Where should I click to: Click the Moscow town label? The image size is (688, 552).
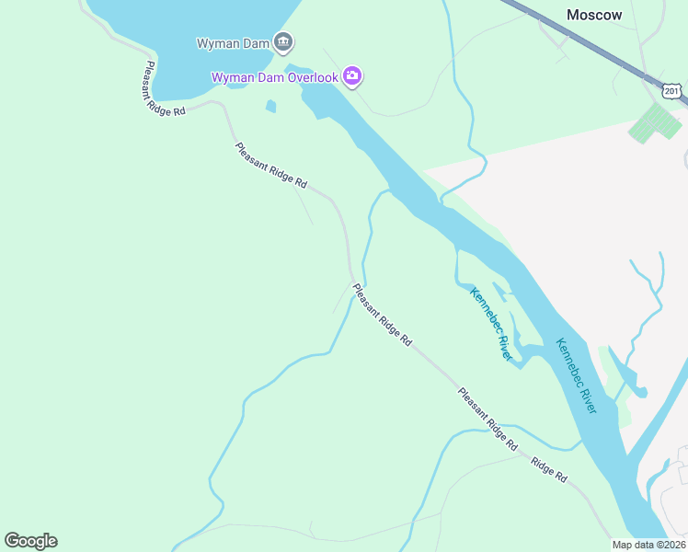(594, 15)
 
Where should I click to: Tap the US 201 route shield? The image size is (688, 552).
(671, 90)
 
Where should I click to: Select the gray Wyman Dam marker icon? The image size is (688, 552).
(283, 41)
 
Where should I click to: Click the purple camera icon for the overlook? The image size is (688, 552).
(351, 76)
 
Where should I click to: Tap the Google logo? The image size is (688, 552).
(30, 541)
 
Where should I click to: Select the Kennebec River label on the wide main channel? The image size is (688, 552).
(577, 375)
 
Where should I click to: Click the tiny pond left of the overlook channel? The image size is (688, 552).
(270, 107)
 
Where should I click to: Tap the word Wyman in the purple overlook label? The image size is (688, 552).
(232, 77)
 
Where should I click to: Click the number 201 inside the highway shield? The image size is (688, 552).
(671, 91)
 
